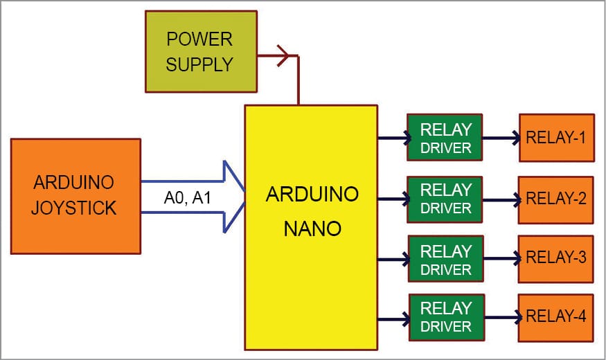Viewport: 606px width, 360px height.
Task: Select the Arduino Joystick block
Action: coord(75,196)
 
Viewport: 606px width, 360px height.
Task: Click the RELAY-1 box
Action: coord(556,138)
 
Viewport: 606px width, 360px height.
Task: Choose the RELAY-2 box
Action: coord(556,199)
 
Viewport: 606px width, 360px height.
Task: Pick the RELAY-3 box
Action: coord(556,258)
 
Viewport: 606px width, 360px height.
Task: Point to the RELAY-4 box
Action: coord(556,318)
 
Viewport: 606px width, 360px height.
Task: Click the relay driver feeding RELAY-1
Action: coord(445,138)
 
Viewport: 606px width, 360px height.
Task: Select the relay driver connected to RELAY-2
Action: coord(445,199)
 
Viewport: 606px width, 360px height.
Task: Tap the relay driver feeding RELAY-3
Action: coord(445,259)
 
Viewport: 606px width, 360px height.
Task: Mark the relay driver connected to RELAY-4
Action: coord(445,317)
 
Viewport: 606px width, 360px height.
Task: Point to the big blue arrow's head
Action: coord(234,197)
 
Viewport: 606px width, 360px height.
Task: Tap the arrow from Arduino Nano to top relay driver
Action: coord(393,138)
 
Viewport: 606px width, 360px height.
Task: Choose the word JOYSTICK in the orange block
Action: coord(73,208)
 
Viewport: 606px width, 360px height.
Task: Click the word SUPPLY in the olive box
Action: coord(199,64)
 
